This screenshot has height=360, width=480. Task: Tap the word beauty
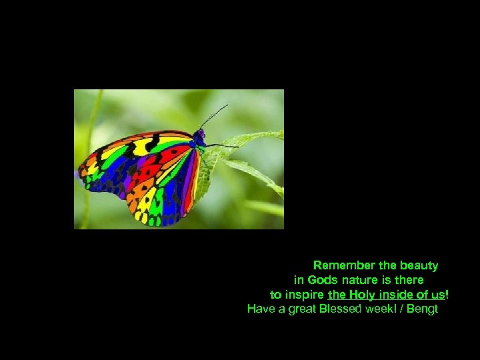tap(417, 265)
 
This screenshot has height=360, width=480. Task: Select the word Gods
tap(323, 280)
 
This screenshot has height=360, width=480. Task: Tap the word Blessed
tap(341, 309)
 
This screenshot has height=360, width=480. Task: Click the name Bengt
tap(422, 309)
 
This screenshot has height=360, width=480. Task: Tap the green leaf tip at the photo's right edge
tap(279, 135)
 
